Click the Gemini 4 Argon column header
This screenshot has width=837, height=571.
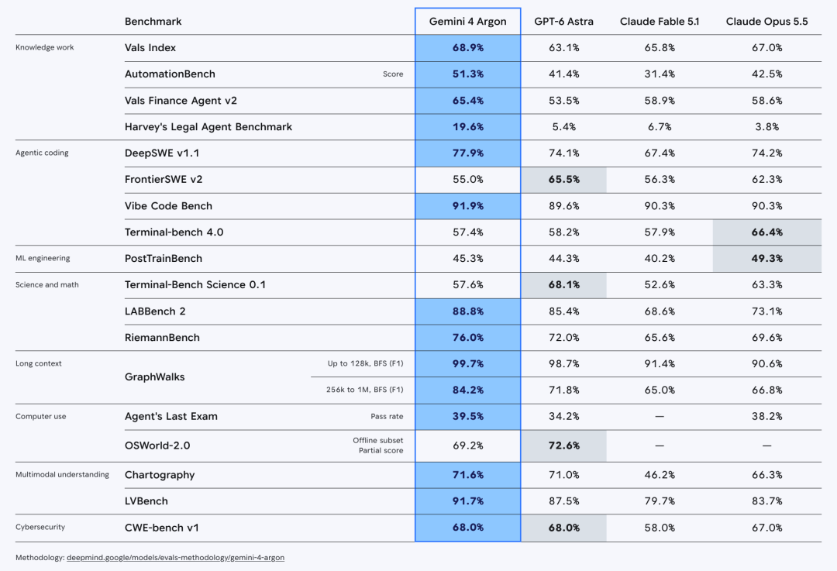coord(467,22)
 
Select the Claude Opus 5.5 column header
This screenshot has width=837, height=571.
coord(766,22)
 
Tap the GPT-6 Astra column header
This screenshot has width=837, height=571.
coord(563,22)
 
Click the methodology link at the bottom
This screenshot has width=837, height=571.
coord(176,558)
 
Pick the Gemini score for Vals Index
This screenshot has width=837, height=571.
coord(468,47)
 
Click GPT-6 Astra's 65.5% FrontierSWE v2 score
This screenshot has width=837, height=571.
coord(563,179)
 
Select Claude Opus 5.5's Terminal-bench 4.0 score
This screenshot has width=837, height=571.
coord(766,232)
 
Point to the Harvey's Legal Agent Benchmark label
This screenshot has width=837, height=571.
coord(208,127)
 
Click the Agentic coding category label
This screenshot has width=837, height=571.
coord(42,153)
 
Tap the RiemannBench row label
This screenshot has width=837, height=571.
coord(162,337)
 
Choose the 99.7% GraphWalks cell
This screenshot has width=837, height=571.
coord(468,363)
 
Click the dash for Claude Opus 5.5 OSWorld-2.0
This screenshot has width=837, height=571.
coord(766,445)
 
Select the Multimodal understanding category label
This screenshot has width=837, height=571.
coord(62,474)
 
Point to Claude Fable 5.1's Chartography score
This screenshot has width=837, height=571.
coord(660,475)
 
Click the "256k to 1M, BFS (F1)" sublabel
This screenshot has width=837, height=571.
coord(364,390)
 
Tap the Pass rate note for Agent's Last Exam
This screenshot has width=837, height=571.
coord(387,416)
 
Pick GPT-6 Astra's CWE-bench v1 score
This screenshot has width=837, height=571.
coord(563,528)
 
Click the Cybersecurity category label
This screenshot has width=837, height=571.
coord(40,528)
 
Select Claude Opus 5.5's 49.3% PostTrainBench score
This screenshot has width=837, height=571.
coord(766,258)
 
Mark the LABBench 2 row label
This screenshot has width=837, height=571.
coord(155,311)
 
